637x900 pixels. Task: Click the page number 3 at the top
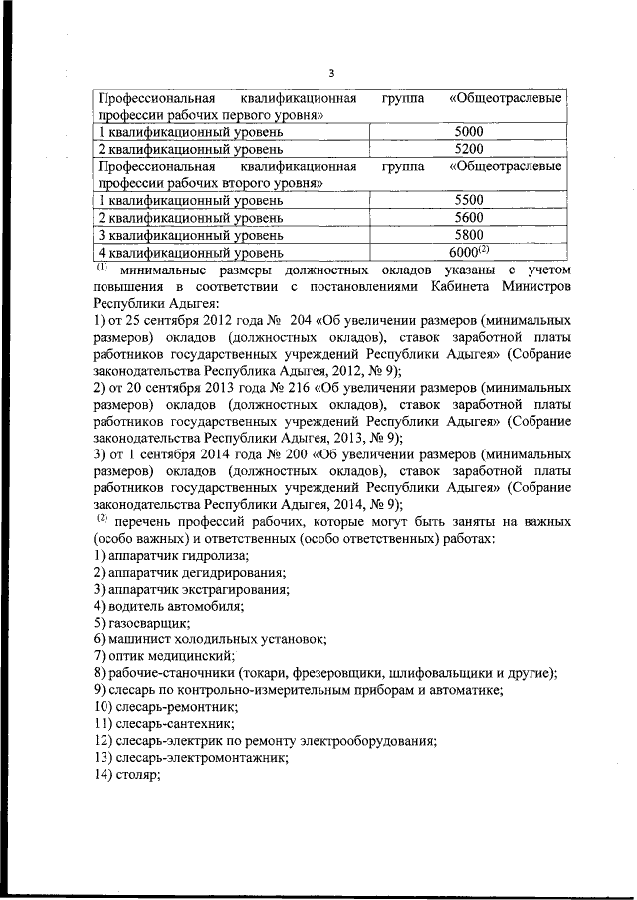pos(331,72)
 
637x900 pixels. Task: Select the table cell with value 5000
pos(467,131)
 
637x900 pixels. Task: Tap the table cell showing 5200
pos(467,148)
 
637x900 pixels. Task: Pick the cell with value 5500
pos(467,200)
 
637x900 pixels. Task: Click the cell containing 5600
pos(467,217)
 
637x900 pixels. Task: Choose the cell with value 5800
pos(467,235)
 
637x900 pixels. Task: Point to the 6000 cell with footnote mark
pos(469,252)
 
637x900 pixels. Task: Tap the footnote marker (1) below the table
pos(101,267)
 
